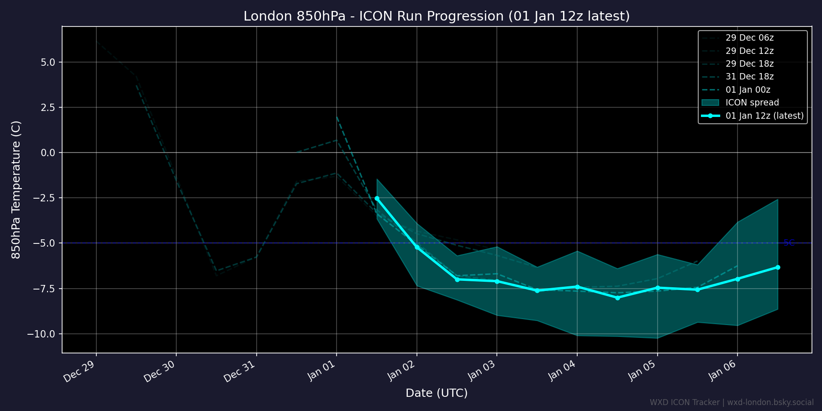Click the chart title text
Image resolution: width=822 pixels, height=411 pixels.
(437, 16)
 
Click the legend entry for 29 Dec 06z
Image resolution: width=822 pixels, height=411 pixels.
(749, 38)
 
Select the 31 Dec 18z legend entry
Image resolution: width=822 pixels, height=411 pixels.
(749, 77)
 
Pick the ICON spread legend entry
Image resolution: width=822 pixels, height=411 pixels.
(752, 103)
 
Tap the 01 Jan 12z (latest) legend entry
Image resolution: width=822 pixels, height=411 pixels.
(764, 116)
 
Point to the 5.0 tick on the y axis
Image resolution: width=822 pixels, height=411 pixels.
(48, 62)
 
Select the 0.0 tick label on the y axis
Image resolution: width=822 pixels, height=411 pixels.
(48, 153)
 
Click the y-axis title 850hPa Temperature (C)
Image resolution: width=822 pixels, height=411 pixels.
(16, 190)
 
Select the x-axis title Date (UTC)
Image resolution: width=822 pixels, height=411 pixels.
(437, 393)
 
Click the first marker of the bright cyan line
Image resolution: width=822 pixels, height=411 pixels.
(377, 198)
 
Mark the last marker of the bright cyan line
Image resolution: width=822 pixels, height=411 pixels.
(778, 267)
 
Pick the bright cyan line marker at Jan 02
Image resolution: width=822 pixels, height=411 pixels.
(416, 247)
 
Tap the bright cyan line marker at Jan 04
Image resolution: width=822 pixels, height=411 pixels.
(577, 287)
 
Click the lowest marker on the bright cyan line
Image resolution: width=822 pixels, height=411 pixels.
(617, 298)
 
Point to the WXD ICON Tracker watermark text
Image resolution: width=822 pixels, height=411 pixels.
(732, 402)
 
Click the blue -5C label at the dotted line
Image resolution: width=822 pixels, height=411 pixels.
(789, 242)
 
